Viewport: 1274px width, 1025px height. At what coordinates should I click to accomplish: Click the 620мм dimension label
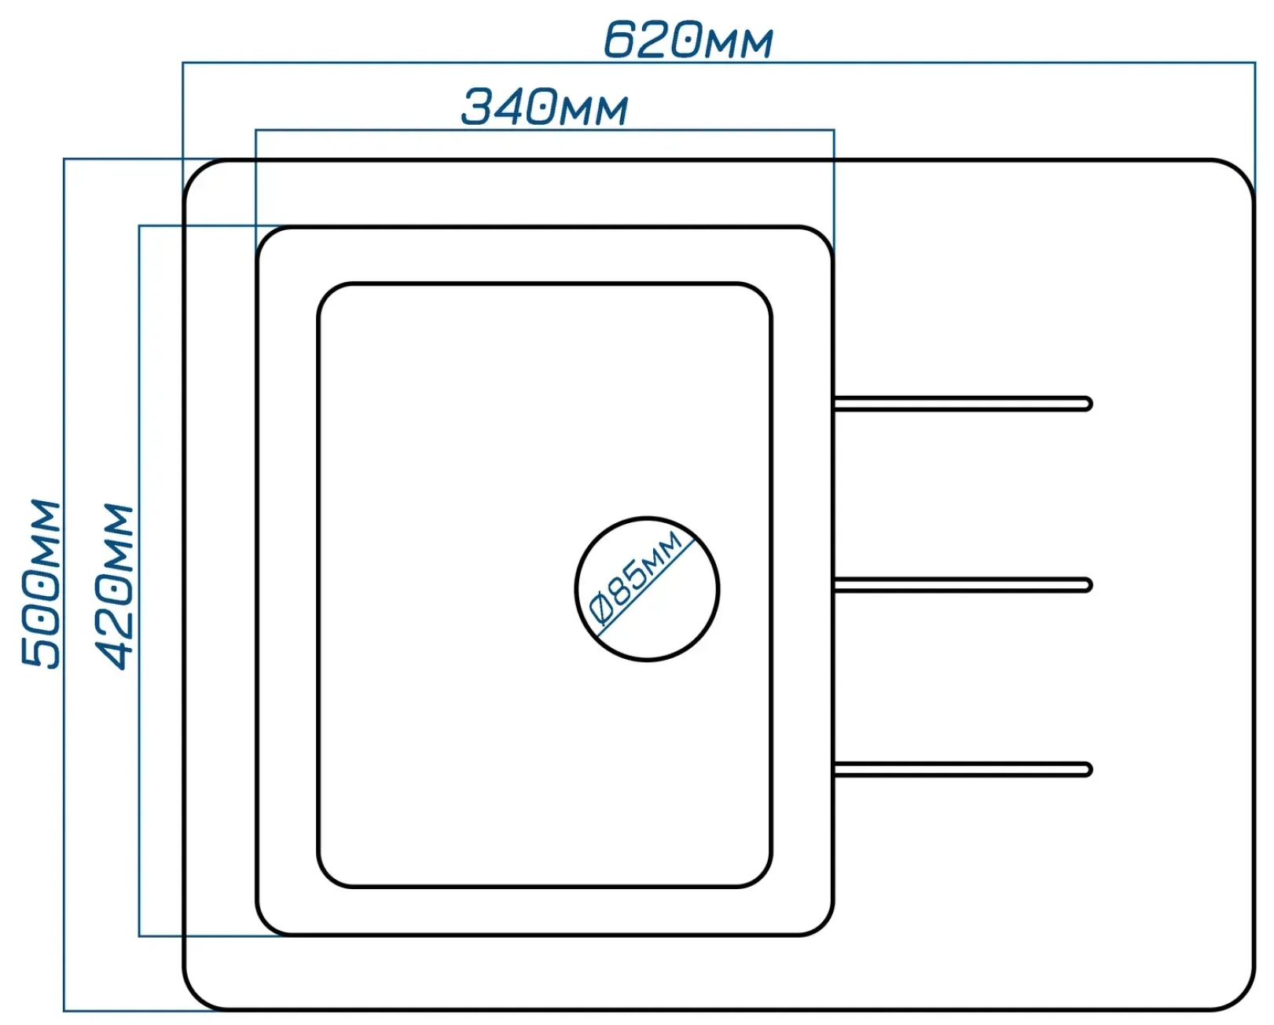688,39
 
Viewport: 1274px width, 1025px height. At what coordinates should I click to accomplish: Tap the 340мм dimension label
545,107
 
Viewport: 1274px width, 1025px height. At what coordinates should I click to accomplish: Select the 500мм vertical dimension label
41,584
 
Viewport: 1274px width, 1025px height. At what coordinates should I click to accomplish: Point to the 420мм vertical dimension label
114,587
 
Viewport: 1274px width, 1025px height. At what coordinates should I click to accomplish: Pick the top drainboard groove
963,404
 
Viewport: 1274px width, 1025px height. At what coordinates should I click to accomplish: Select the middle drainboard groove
963,584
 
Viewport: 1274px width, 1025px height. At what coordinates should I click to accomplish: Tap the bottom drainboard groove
963,770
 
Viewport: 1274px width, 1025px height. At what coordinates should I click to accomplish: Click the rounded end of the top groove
1088,404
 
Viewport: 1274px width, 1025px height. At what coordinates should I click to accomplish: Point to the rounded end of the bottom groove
1088,770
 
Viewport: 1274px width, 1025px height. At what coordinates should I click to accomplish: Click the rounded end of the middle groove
1088,584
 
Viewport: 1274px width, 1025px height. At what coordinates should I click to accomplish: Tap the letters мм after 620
740,43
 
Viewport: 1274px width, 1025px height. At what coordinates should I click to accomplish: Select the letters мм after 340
596,111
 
